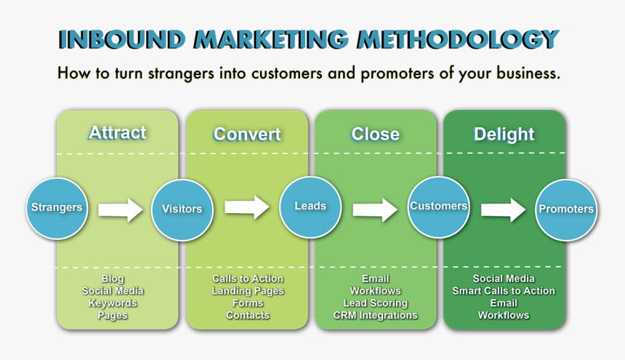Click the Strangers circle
[x=57, y=208]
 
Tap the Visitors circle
[x=182, y=209]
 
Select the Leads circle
[x=310, y=207]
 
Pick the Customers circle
[x=438, y=207]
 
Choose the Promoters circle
[x=566, y=209]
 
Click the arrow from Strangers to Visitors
[x=121, y=210]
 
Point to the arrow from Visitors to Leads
[x=247, y=207]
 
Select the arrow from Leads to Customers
[x=375, y=210]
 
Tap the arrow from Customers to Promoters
[x=503, y=210]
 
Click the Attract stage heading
[x=117, y=132]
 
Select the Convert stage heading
[x=247, y=135]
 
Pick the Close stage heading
[x=375, y=135]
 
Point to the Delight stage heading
[x=504, y=135]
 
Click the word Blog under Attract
[x=113, y=279]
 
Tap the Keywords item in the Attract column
[x=113, y=303]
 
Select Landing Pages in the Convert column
[x=248, y=291]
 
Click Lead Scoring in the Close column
[x=376, y=303]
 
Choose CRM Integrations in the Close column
[x=376, y=316]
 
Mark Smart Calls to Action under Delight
[x=504, y=291]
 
